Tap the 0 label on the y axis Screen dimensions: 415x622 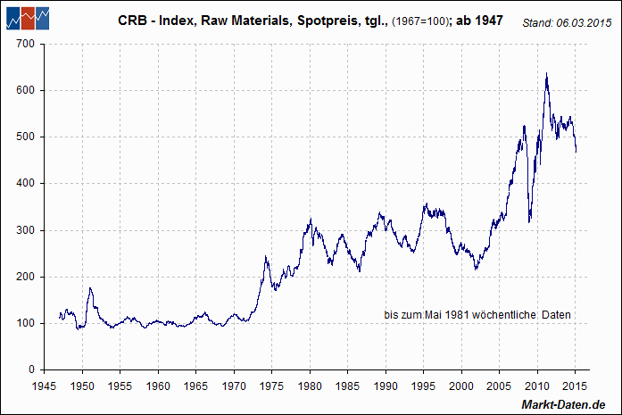click(x=31, y=369)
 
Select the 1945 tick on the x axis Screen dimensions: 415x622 click(x=45, y=386)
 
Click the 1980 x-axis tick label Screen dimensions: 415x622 click(x=310, y=386)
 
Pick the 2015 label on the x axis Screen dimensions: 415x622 click(x=576, y=386)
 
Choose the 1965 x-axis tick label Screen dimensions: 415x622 click(x=196, y=386)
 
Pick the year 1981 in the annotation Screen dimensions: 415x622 click(x=462, y=315)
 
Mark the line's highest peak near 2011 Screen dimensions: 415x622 click(x=546, y=73)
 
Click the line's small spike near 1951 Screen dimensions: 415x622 click(x=90, y=287)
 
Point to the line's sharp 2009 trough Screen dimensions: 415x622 click(x=530, y=221)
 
